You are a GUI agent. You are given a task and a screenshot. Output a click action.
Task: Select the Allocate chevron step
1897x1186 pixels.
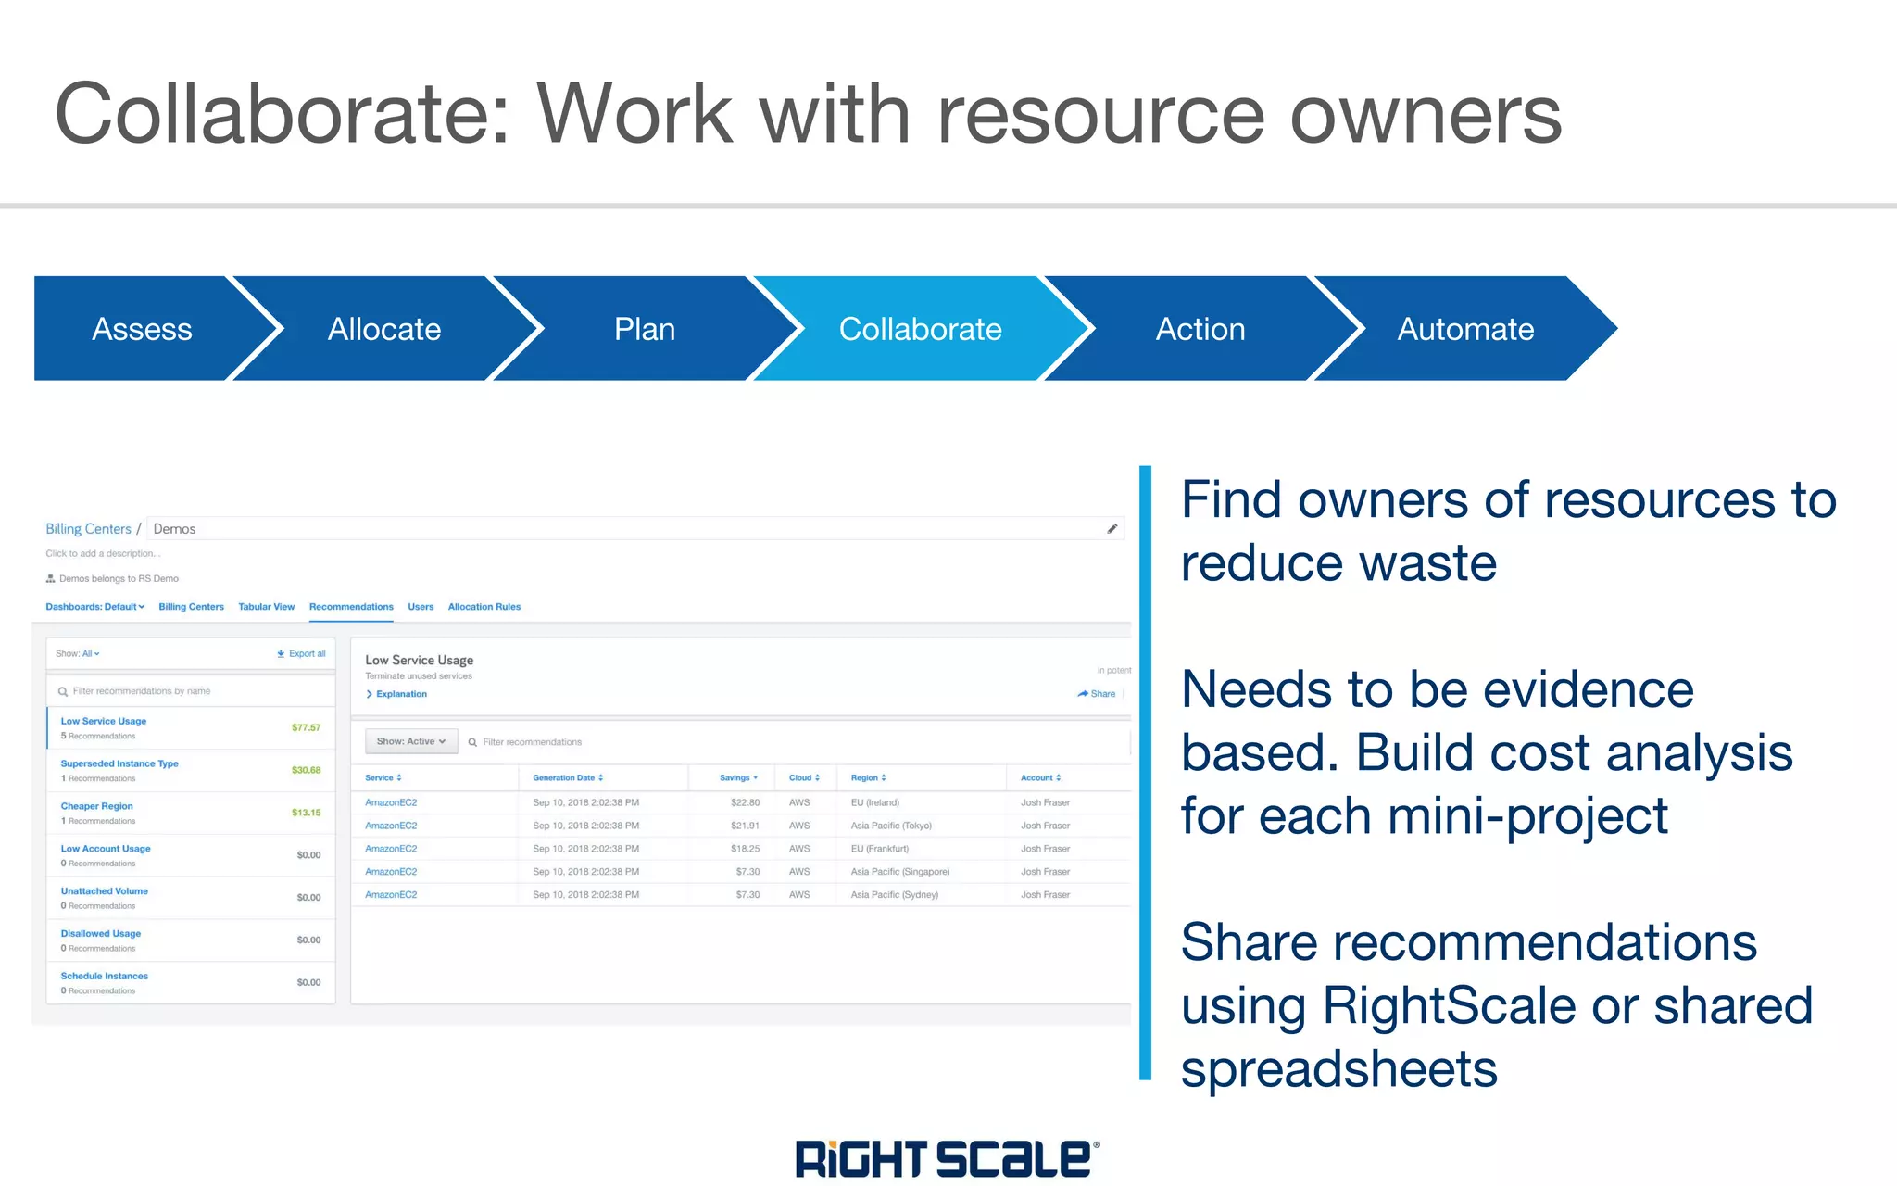pyautogui.click(x=384, y=329)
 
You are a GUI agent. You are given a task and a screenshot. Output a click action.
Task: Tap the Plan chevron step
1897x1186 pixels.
pyautogui.click(x=645, y=329)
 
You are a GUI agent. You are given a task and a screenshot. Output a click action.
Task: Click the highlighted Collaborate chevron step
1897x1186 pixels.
pyautogui.click(x=920, y=329)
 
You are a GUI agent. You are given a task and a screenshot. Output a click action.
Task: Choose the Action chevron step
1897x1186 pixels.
pyautogui.click(x=1200, y=329)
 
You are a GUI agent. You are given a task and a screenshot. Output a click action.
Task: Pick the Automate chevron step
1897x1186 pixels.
pyautogui.click(x=1465, y=329)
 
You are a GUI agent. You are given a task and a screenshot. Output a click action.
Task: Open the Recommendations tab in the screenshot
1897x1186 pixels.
pyautogui.click(x=351, y=607)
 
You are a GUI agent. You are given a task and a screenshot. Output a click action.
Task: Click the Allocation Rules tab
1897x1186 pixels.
pyautogui.click(x=484, y=607)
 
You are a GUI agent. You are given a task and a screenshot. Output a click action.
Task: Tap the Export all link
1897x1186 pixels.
pyautogui.click(x=302, y=654)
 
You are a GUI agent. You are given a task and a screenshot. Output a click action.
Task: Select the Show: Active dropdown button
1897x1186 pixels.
pyautogui.click(x=411, y=741)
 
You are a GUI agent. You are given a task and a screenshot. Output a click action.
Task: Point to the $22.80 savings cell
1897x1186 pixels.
pyautogui.click(x=745, y=802)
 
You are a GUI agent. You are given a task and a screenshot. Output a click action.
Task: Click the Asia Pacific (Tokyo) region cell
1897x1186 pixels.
pyautogui.click(x=891, y=826)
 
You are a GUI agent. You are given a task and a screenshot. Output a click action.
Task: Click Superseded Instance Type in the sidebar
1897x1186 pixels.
pyautogui.click(x=119, y=763)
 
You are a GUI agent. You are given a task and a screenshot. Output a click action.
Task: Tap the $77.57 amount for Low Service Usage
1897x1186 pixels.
pyautogui.click(x=306, y=727)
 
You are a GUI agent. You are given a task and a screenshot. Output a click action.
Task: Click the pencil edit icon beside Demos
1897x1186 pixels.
pyautogui.click(x=1112, y=529)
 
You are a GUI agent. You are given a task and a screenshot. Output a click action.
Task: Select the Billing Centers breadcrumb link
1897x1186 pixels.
pyautogui.click(x=88, y=529)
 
